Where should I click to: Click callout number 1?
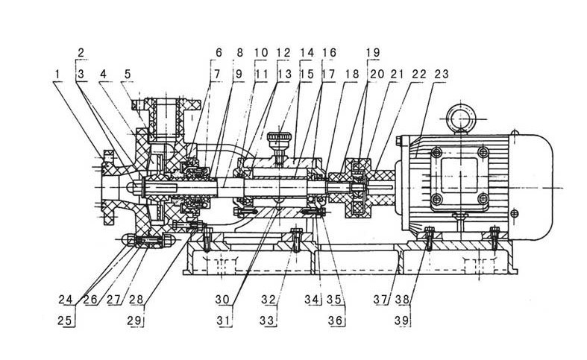pos(57,74)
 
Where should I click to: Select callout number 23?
pos(442,74)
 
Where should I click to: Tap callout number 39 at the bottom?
pos(403,320)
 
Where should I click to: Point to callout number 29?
pos(135,320)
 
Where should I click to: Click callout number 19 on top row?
pos(373,52)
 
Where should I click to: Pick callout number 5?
pos(128,74)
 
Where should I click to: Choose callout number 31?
pos(224,320)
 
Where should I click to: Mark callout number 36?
pos(336,320)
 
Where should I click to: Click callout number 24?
pos(66,300)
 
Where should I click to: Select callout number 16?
pos(329,52)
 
